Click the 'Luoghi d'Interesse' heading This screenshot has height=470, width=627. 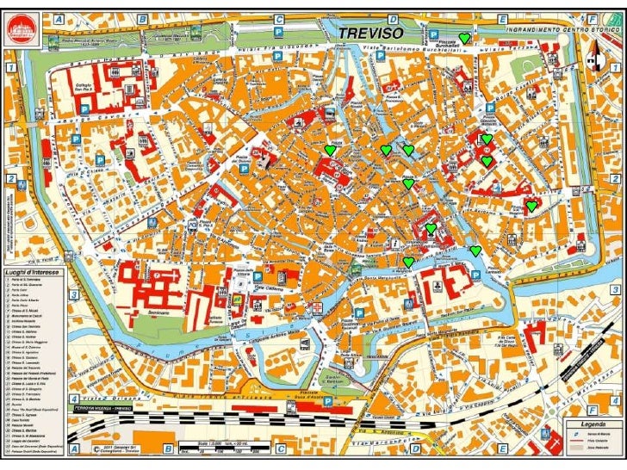click(32, 273)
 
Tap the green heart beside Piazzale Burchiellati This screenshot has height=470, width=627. click(464, 38)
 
